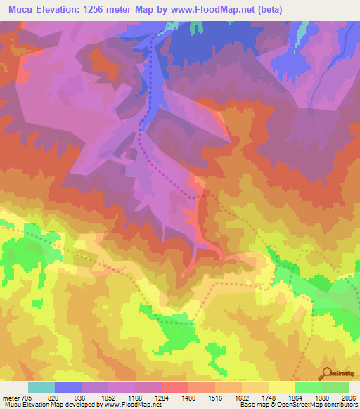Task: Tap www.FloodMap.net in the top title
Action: click(x=205, y=9)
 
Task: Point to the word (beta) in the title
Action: click(x=266, y=9)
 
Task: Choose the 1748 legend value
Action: click(x=283, y=397)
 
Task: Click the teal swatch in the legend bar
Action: click(x=41, y=387)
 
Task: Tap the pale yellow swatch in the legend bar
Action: click(x=281, y=387)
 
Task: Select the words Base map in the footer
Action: click(x=251, y=405)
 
